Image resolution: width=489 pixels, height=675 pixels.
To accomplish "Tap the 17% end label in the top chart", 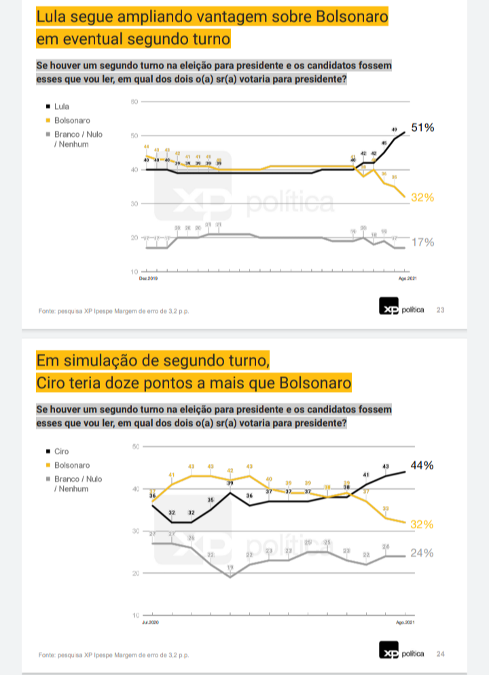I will [x=422, y=242].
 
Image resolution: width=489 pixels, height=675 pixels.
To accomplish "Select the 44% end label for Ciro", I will [x=422, y=465].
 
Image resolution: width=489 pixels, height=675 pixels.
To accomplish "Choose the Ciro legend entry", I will [x=60, y=452].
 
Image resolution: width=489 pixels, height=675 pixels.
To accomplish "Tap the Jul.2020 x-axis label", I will [x=149, y=622].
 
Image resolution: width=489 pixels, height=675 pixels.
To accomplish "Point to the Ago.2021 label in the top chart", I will [x=406, y=278].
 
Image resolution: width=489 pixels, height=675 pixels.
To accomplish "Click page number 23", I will [x=440, y=310].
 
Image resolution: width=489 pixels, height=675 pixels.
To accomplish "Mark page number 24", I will [x=440, y=654].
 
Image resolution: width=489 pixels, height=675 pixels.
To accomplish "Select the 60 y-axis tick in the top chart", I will [x=134, y=102].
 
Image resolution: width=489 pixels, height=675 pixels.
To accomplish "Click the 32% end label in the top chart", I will [x=422, y=198].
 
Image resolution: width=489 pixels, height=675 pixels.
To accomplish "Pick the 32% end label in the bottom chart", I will [x=422, y=525].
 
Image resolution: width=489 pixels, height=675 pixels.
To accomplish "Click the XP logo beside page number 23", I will [x=388, y=310].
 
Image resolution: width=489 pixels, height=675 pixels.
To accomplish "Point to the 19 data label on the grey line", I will [x=230, y=568].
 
